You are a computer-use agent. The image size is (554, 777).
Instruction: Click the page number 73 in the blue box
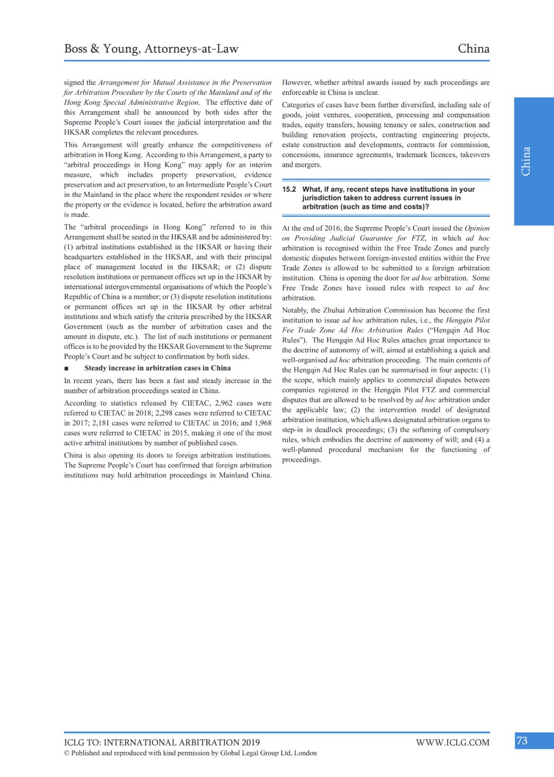coord(522,741)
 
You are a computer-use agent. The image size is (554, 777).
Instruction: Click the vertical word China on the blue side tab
coord(526,162)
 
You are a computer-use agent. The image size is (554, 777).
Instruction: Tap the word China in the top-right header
coord(473,49)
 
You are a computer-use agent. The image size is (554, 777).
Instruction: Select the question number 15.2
coord(289,189)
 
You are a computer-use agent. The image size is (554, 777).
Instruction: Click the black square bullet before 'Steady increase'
coord(66,368)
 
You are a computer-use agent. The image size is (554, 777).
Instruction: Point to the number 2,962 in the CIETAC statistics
coord(224,403)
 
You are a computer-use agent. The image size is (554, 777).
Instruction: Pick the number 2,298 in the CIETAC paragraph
coord(170,413)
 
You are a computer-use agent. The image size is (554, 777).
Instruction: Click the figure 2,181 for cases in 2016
coord(101,423)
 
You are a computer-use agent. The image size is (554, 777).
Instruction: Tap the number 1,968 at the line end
coord(263,423)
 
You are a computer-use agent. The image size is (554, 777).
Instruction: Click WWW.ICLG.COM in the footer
coord(452,743)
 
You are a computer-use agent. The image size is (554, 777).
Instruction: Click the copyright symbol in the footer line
coord(67,753)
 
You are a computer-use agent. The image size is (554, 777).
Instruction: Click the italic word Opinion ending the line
coord(477,228)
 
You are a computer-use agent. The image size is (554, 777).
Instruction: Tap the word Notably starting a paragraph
coord(295,310)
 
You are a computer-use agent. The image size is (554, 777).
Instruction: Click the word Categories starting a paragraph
coord(299,105)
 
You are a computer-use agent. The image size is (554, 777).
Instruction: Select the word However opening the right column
coord(296,83)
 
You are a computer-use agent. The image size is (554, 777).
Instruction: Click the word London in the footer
coord(305,753)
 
